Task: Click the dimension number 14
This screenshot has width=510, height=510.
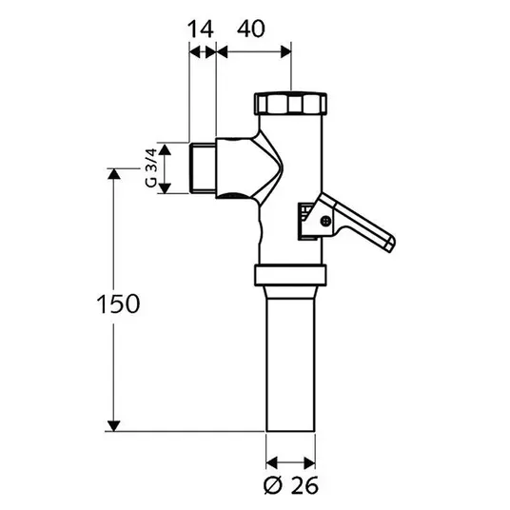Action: coord(201,29)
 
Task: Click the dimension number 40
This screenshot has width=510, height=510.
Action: coord(251,29)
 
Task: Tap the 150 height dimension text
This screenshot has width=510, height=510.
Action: coord(118,304)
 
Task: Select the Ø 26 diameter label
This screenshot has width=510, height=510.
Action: coord(291,485)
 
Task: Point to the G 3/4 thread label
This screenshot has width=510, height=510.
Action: coord(151,167)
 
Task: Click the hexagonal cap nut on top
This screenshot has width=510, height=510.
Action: coord(290,104)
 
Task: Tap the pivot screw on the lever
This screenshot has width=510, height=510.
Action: coord(325,221)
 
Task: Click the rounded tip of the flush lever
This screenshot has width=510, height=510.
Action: coord(391,244)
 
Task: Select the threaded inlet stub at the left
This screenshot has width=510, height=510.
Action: coord(203,167)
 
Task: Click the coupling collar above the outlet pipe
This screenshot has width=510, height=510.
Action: coord(290,276)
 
